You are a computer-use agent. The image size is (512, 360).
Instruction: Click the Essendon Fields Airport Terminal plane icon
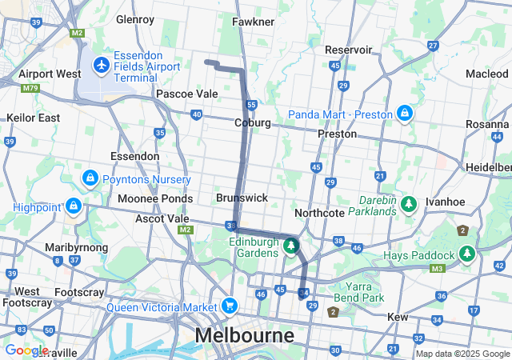pyautogui.click(x=102, y=63)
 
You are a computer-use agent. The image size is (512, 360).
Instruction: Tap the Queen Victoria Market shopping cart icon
pyautogui.click(x=230, y=306)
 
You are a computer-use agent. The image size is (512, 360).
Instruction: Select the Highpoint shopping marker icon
pyautogui.click(x=74, y=206)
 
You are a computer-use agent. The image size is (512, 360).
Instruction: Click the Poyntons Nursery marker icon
pyautogui.click(x=90, y=178)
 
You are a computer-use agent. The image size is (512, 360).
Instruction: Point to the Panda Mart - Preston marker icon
pyautogui.click(x=406, y=113)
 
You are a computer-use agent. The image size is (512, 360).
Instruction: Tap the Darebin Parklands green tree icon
pyautogui.click(x=409, y=205)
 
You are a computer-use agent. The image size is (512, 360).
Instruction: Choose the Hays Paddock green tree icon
pyautogui.click(x=467, y=254)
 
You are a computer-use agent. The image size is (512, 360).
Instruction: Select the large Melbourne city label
pyautogui.click(x=244, y=334)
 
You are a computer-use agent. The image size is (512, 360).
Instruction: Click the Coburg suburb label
pyautogui.click(x=253, y=123)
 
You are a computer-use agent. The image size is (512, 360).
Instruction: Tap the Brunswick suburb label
pyautogui.click(x=242, y=198)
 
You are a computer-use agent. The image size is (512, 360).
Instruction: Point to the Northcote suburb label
pyautogui.click(x=319, y=213)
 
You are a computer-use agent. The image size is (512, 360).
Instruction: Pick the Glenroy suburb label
pyautogui.click(x=134, y=18)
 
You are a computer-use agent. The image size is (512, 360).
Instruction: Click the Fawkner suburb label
pyautogui.click(x=253, y=22)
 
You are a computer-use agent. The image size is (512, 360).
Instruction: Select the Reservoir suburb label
pyautogui.click(x=349, y=50)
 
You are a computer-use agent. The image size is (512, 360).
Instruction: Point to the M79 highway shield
pyautogui.click(x=30, y=88)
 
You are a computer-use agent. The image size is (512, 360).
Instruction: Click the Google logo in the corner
pyautogui.click(x=26, y=350)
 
